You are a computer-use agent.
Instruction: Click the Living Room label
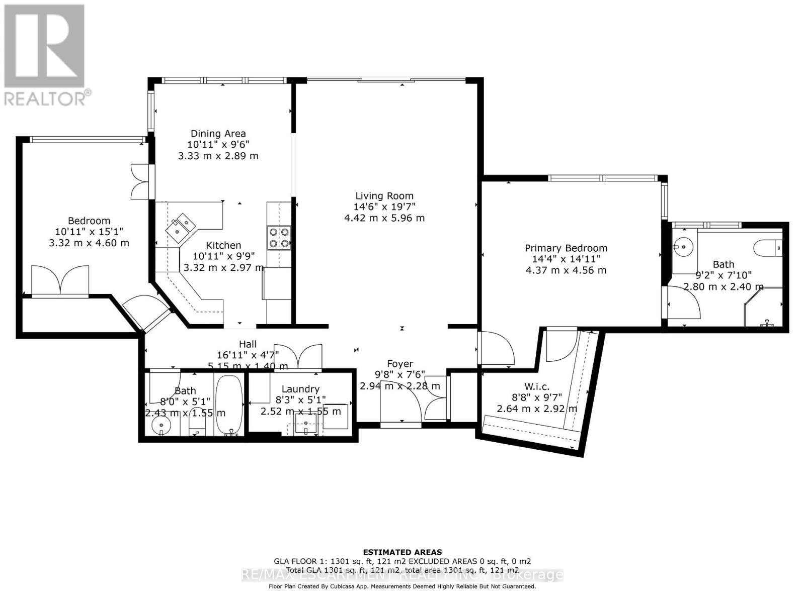(x=384, y=196)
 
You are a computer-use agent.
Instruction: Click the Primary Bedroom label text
(x=566, y=248)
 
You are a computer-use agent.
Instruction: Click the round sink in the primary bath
(x=683, y=246)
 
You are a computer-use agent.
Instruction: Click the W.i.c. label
(x=537, y=386)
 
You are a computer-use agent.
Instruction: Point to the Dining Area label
(x=218, y=133)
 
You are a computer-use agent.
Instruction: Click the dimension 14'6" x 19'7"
(x=384, y=207)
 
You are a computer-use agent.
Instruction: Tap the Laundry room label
(x=300, y=389)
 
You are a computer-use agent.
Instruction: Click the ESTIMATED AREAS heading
(x=403, y=552)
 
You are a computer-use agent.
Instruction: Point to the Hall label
(x=248, y=344)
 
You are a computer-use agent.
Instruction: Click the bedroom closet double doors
(x=60, y=280)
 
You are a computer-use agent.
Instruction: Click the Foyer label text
(x=400, y=363)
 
